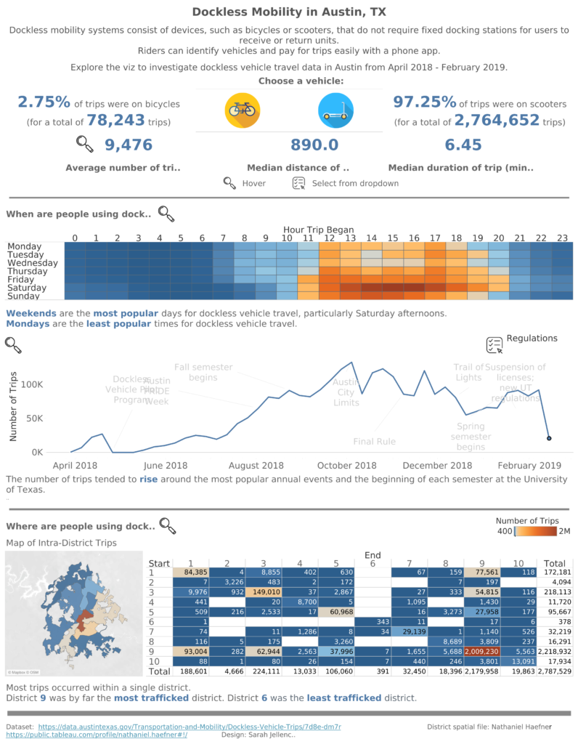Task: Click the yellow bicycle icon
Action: click(x=243, y=110)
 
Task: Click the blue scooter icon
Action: click(x=336, y=110)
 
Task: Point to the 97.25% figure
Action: click(x=425, y=102)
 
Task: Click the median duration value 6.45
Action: click(x=463, y=145)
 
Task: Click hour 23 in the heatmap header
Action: click(x=562, y=238)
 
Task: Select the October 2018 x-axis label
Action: click(x=346, y=465)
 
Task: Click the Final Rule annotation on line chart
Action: click(x=374, y=441)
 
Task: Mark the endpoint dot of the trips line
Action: click(x=549, y=438)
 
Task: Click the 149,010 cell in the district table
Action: click(x=264, y=592)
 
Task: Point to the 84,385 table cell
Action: click(x=191, y=572)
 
